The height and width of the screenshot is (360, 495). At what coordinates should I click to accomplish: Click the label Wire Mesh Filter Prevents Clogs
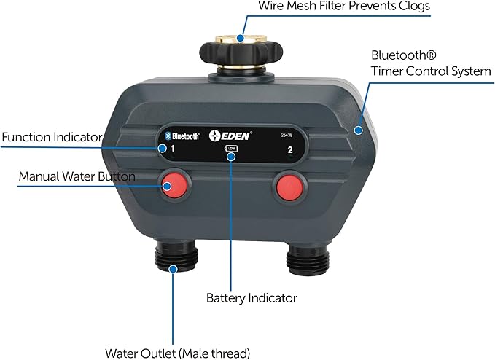pyautogui.click(x=344, y=7)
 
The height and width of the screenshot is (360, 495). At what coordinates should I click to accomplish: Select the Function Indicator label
pyautogui.click(x=52, y=137)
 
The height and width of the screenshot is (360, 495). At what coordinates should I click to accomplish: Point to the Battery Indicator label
pyautogui.click(x=252, y=298)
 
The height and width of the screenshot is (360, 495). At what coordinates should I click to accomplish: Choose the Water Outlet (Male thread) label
pyautogui.click(x=178, y=353)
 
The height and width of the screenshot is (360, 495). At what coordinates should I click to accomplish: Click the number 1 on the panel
pyautogui.click(x=172, y=149)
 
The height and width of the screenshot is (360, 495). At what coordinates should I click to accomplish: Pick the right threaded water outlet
pyautogui.click(x=305, y=257)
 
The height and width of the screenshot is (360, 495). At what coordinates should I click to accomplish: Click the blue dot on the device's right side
pyautogui.click(x=357, y=130)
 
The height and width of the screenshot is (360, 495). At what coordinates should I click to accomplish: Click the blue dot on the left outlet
pyautogui.click(x=173, y=269)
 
